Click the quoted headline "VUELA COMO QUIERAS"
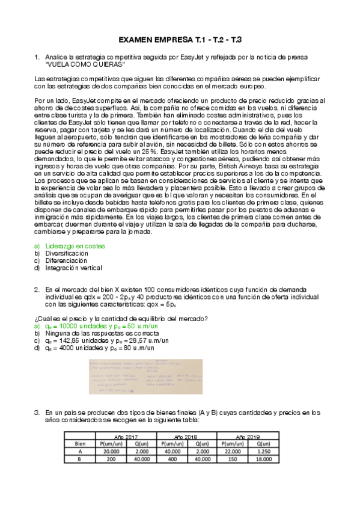pyautogui.click(x=85, y=64)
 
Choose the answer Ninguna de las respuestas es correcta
pyautogui.click(x=108, y=333)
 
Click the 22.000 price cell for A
pyautogui.click(x=231, y=451)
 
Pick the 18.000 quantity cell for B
pyautogui.click(x=264, y=459)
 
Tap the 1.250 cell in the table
pyautogui.click(x=264, y=451)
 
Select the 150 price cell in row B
pyautogui.click(x=231, y=459)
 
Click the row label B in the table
pyautogui.click(x=79, y=459)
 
